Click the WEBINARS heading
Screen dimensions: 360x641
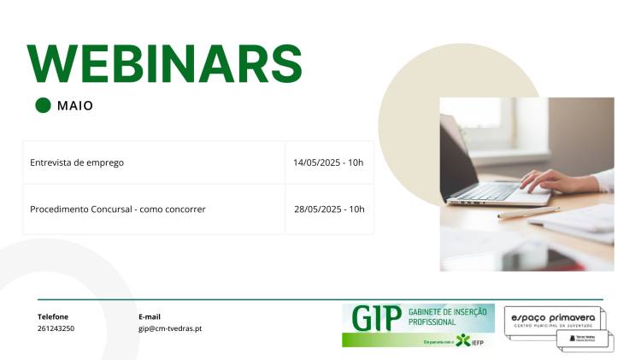pyautogui.click(x=165, y=62)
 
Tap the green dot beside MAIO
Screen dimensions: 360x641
pyautogui.click(x=44, y=106)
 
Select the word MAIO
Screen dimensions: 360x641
pyautogui.click(x=75, y=106)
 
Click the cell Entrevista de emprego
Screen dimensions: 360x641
pyautogui.click(x=77, y=162)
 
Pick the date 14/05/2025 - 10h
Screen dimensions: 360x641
pyautogui.click(x=328, y=162)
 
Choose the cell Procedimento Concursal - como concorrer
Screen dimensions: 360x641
pyautogui.click(x=117, y=209)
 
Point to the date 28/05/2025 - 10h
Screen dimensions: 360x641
pyautogui.click(x=329, y=209)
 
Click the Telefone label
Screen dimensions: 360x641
pyautogui.click(x=53, y=316)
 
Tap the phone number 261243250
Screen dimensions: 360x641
pyautogui.click(x=56, y=328)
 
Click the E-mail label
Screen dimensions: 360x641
pyautogui.click(x=150, y=316)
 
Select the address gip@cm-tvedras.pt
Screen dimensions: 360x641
pyautogui.click(x=170, y=328)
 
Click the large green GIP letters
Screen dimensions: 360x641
pyautogui.click(x=376, y=318)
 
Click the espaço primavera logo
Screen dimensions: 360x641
pyautogui.click(x=553, y=320)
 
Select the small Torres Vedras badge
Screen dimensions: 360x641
pyautogui.click(x=586, y=339)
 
